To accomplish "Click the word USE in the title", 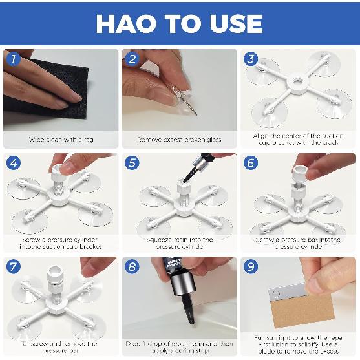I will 232,23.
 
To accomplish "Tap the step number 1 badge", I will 13,60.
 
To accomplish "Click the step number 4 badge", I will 13,164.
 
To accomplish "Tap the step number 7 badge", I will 13,267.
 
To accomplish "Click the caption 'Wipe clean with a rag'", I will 61,139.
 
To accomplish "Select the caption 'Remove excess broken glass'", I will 179,139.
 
